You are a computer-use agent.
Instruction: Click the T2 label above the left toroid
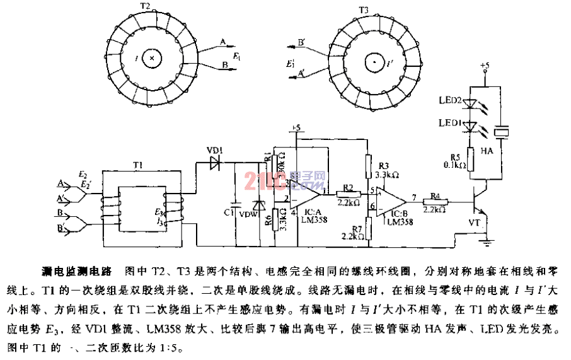click(144, 7)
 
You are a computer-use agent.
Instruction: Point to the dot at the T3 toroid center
click(374, 63)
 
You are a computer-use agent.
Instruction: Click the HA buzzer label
click(503, 152)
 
